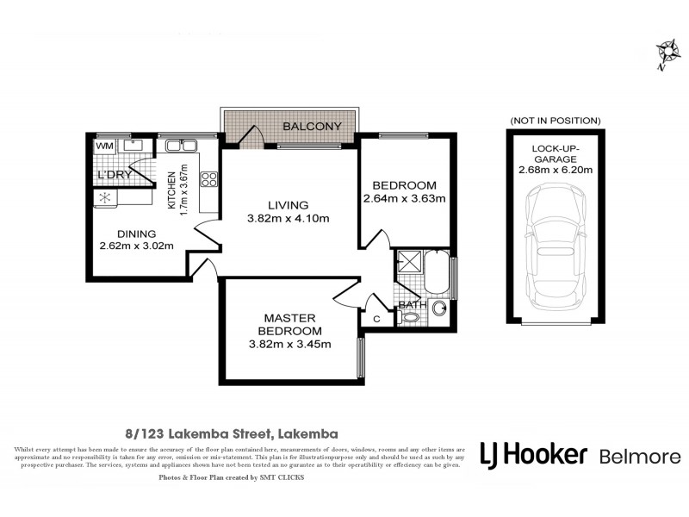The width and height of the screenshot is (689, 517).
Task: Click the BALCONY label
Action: (313, 127)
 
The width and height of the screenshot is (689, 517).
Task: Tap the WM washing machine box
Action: (104, 146)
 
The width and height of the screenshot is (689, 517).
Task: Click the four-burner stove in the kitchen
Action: (208, 179)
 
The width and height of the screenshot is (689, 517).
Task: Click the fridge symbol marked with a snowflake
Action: (105, 197)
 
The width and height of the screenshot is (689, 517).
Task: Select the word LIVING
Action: (287, 205)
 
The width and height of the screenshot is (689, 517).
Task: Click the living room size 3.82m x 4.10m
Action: (287, 218)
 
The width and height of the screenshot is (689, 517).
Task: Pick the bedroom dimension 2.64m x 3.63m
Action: (404, 199)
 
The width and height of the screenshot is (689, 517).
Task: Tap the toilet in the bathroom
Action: (411, 317)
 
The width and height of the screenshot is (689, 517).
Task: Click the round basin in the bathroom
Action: (440, 308)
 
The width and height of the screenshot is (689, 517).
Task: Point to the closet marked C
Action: (377, 320)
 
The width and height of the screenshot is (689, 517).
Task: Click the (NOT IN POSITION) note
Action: (555, 120)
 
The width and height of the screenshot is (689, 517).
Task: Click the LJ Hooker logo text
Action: (533, 455)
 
